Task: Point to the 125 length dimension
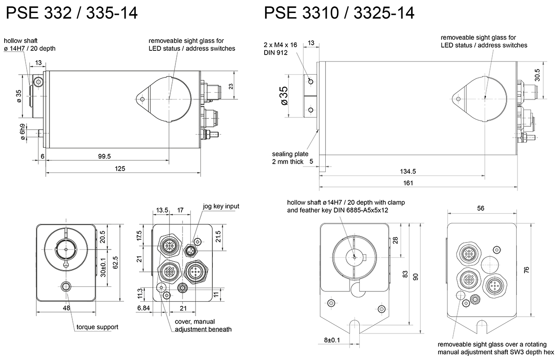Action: [x=119, y=168]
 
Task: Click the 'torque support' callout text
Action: [x=97, y=327]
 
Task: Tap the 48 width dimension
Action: [x=67, y=308]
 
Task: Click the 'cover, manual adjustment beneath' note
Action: [x=203, y=325]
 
